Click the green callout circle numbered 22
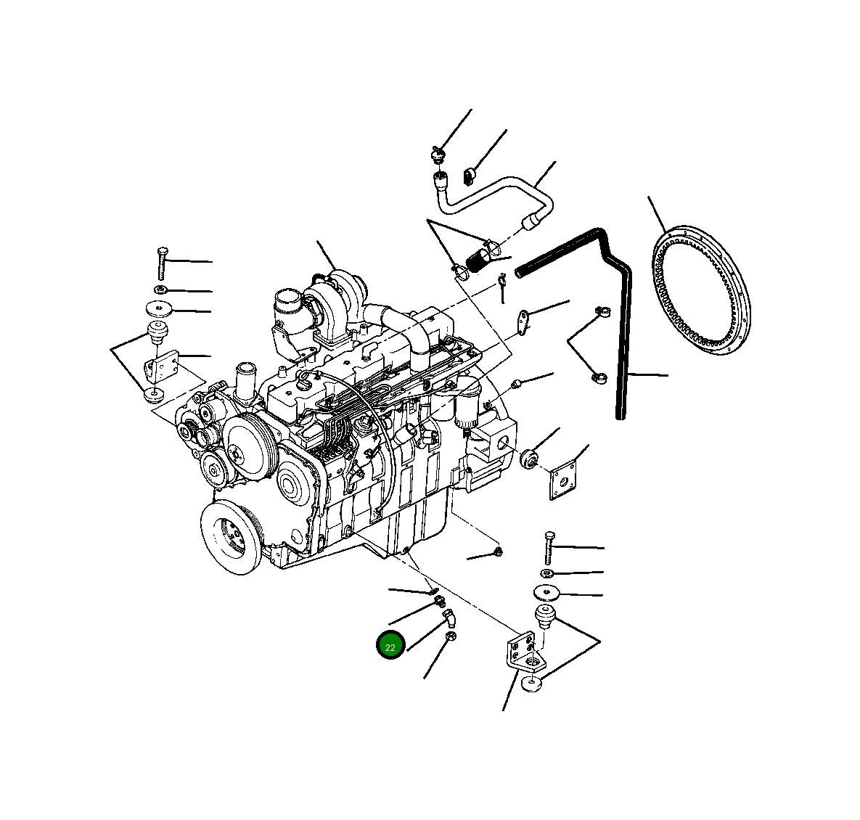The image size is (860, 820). pyautogui.click(x=390, y=646)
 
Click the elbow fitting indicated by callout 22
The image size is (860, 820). pyautogui.click(x=449, y=618)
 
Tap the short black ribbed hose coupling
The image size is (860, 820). pyautogui.click(x=478, y=258)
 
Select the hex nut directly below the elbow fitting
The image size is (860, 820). pyautogui.click(x=450, y=638)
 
